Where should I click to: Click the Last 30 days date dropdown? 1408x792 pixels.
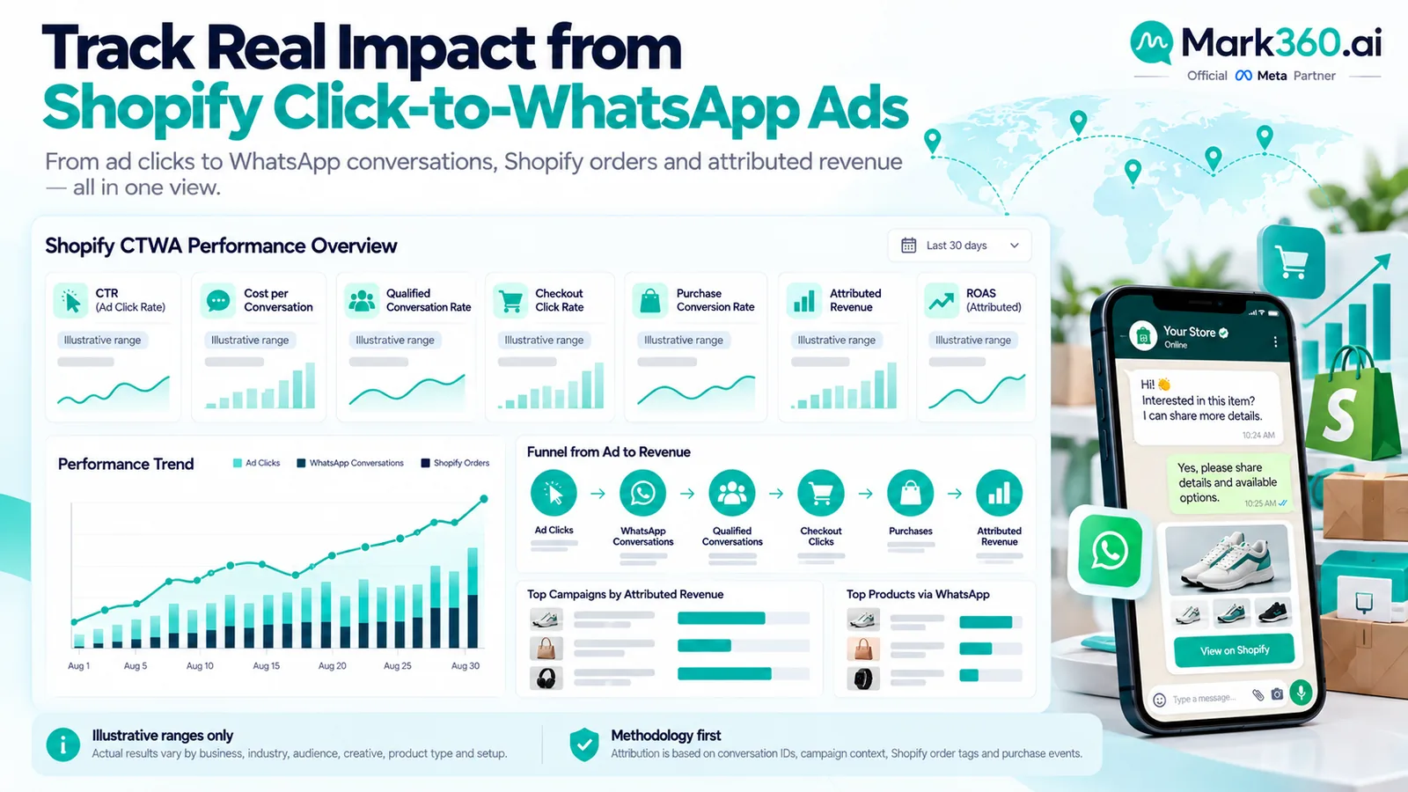pyautogui.click(x=959, y=246)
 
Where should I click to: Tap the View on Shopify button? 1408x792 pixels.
pyautogui.click(x=1234, y=650)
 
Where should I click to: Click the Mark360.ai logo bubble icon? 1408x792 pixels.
pyautogui.click(x=1152, y=42)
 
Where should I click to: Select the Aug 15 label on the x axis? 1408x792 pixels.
pyautogui.click(x=266, y=665)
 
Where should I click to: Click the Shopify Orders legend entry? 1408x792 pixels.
pyautogui.click(x=455, y=463)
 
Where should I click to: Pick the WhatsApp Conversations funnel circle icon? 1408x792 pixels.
pyautogui.click(x=642, y=493)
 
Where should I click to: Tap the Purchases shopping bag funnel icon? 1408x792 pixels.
pyautogui.click(x=910, y=493)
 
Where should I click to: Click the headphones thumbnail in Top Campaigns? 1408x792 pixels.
pyautogui.click(x=546, y=678)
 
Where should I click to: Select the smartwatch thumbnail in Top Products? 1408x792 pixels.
pyautogui.click(x=862, y=678)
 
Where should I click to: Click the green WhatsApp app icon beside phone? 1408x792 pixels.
pyautogui.click(x=1110, y=551)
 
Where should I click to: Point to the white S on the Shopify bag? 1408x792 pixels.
pyautogui.click(x=1339, y=414)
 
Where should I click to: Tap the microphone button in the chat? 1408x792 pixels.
pyautogui.click(x=1301, y=693)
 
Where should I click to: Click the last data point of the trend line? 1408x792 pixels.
pyautogui.click(x=484, y=499)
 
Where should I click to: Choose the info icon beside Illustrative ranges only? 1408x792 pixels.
pyautogui.click(x=62, y=744)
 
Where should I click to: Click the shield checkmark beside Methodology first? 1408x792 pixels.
pyautogui.click(x=584, y=744)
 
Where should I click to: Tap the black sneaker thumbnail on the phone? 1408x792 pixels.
pyautogui.click(x=1272, y=612)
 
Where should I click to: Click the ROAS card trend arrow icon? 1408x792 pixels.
pyautogui.click(x=941, y=301)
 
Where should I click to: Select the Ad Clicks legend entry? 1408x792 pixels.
pyautogui.click(x=256, y=463)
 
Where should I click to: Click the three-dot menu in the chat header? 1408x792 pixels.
pyautogui.click(x=1275, y=341)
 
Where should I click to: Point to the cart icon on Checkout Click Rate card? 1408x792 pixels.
pyautogui.click(x=510, y=301)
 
